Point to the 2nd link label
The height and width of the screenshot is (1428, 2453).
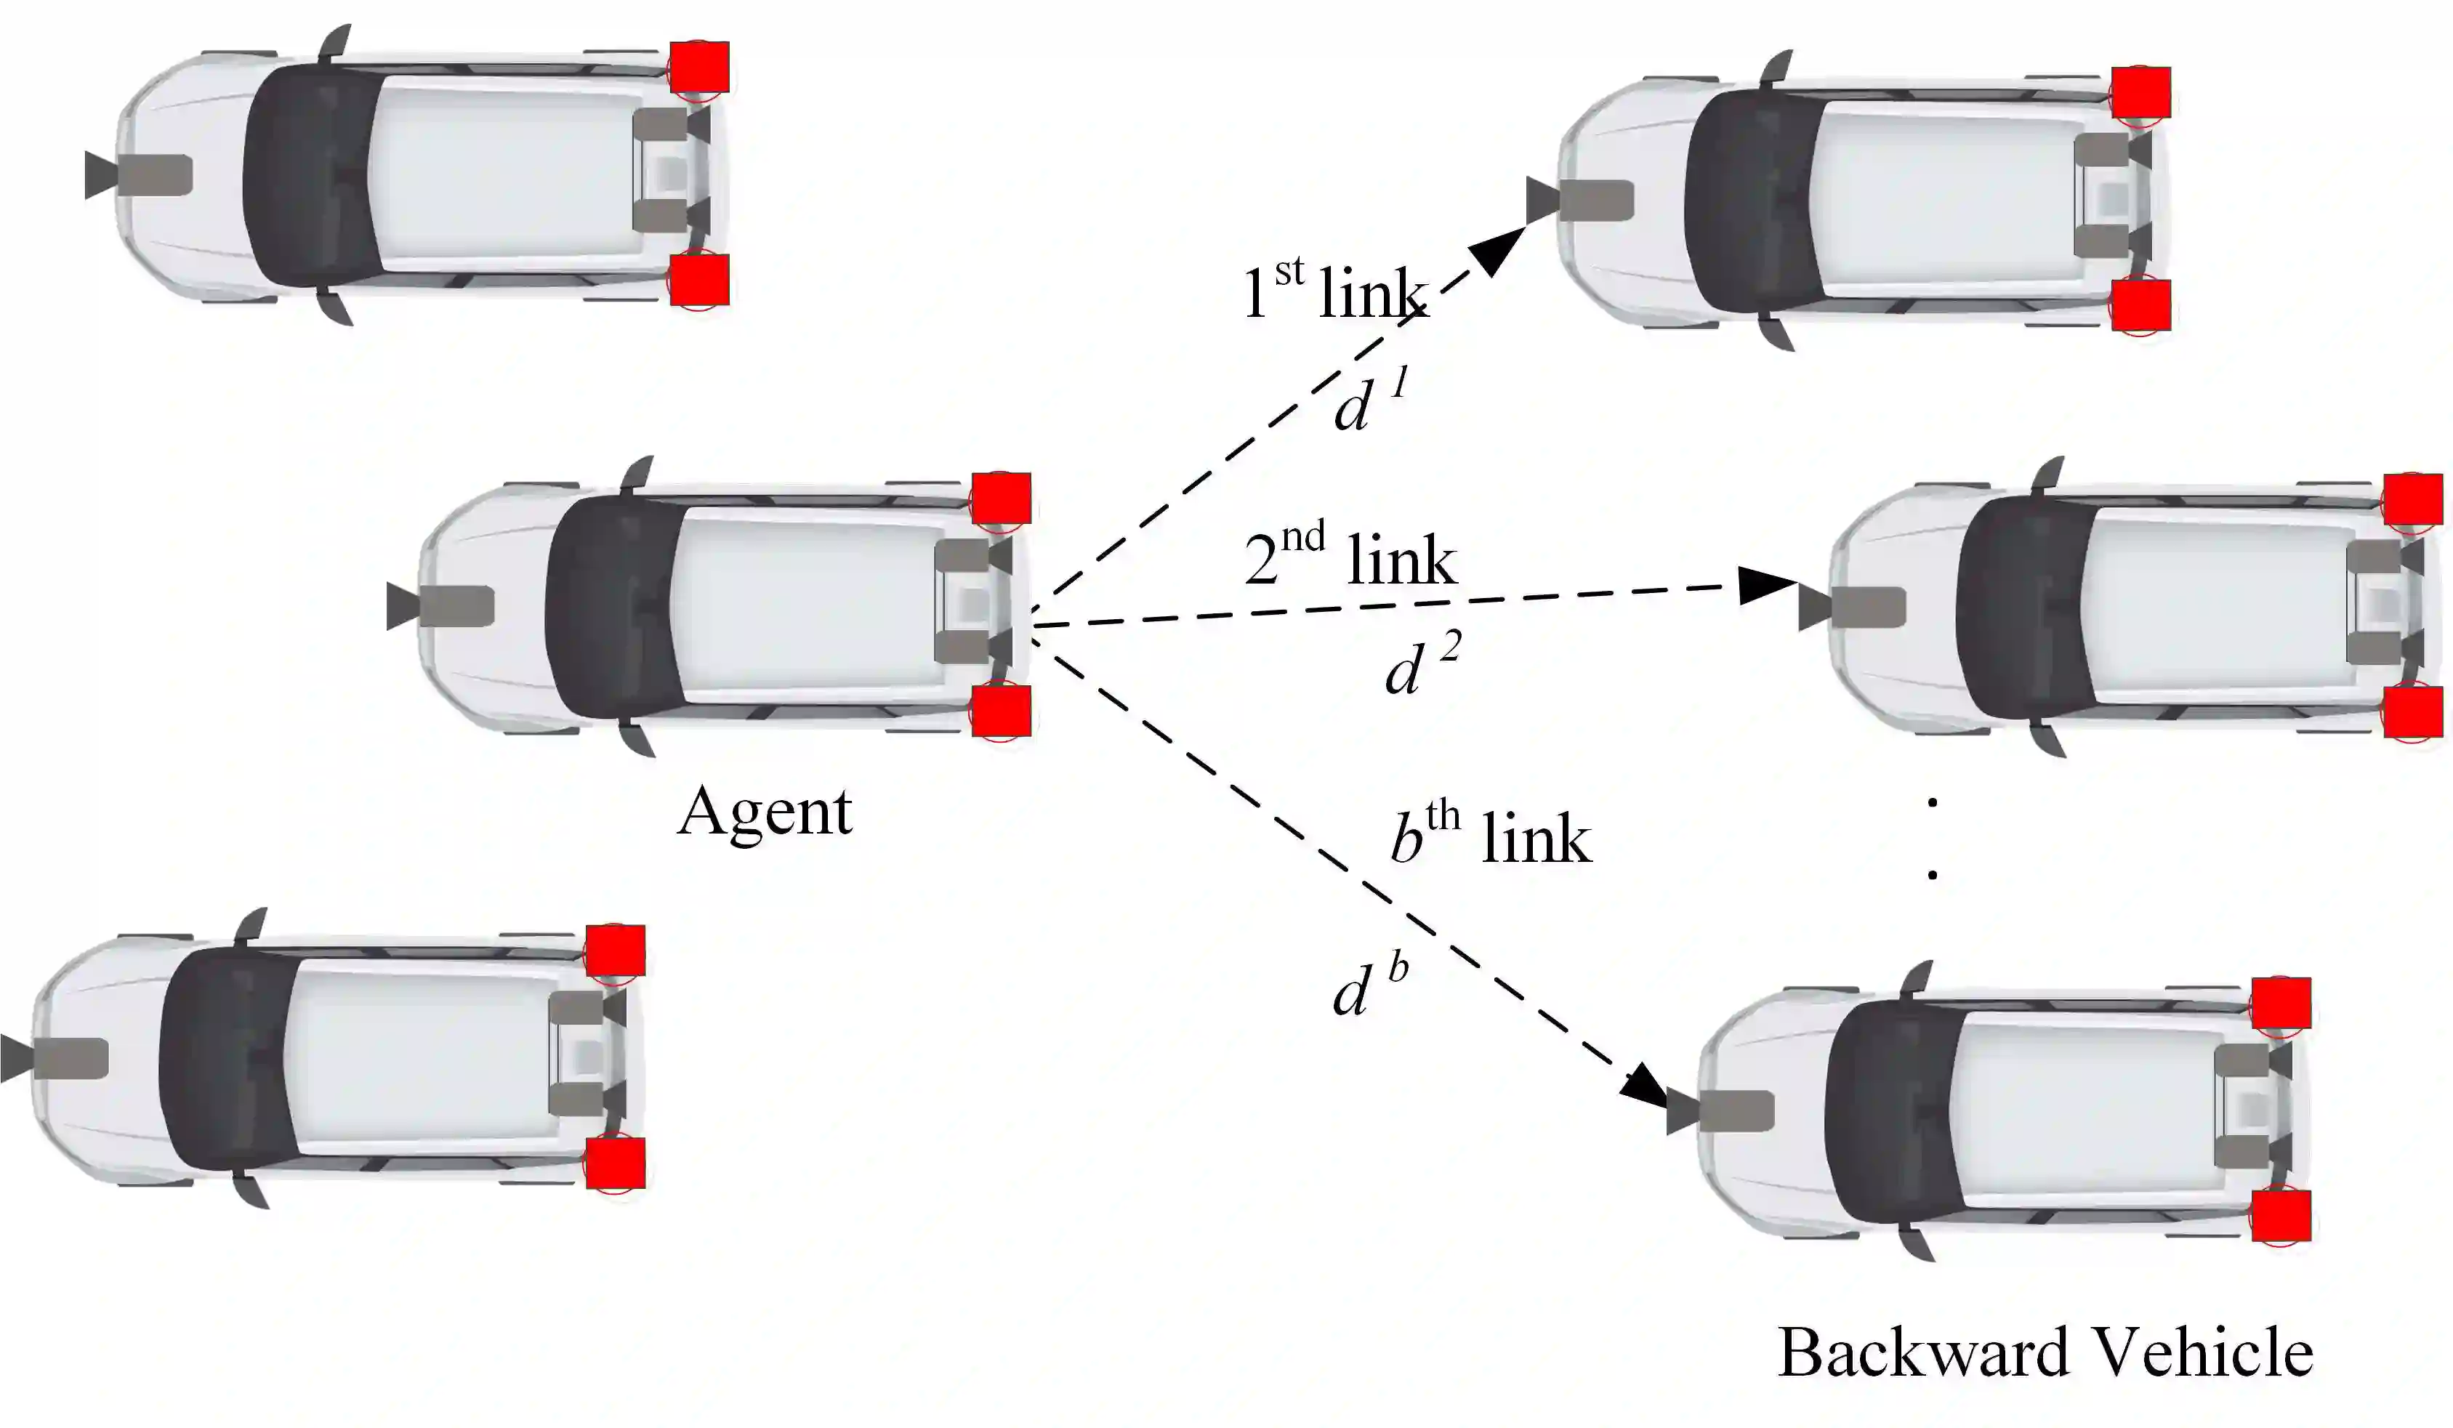(1351, 557)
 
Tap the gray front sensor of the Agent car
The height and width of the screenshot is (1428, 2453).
(443, 606)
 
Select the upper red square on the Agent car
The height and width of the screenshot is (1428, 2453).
(1001, 499)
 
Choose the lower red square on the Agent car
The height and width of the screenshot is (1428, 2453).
(1001, 709)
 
